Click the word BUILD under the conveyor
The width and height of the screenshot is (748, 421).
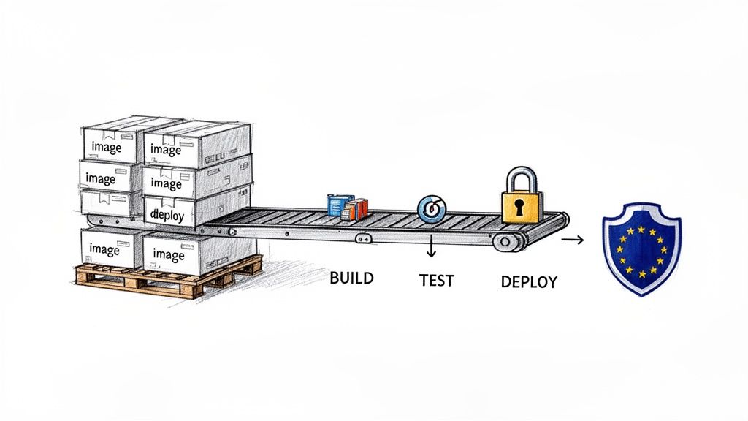coord(351,278)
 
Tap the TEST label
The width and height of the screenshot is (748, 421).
coord(436,281)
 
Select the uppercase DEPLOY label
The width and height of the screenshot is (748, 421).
coord(529,281)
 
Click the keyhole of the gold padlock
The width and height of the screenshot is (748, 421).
coord(519,206)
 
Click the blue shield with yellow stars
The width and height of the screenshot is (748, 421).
coord(641,248)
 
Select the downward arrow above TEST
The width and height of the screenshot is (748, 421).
coord(431,248)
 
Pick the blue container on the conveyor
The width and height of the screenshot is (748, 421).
coord(337,205)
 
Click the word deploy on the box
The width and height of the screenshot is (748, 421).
coord(167,214)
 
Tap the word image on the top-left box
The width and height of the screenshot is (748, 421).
coord(106,147)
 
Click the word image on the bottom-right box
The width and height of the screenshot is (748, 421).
coord(169,255)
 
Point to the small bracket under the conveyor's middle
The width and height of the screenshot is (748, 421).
coord(362,238)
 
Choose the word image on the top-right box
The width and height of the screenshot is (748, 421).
coord(166,150)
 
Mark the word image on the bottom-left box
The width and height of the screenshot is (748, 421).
coord(104,249)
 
